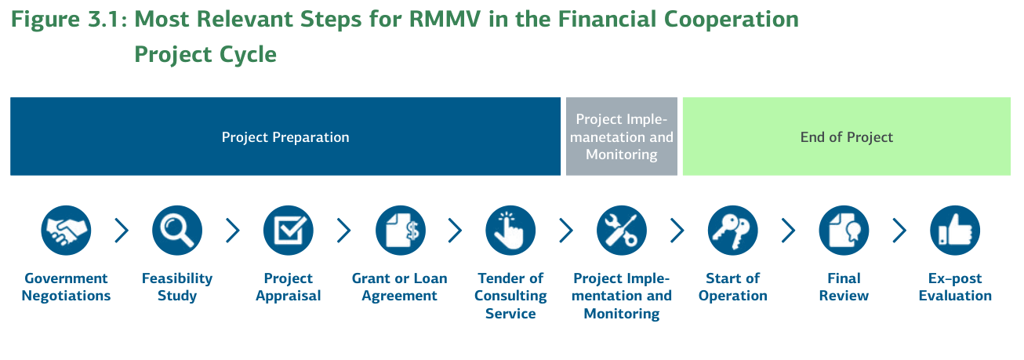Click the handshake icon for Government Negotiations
66,231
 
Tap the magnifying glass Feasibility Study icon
177,231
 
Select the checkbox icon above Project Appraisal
289,231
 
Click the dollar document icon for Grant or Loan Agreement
400,231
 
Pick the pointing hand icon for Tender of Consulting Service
510,231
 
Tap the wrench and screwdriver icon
622,231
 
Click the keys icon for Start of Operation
733,231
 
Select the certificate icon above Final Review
844,231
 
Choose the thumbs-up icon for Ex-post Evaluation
955,231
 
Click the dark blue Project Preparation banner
285,136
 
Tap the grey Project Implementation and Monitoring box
622,136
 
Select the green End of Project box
846,136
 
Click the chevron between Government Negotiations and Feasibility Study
122,231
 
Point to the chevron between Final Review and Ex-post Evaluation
899,231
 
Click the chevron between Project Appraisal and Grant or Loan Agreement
344,231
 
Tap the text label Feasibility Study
177,287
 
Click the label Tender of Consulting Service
510,296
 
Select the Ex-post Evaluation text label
955,287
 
